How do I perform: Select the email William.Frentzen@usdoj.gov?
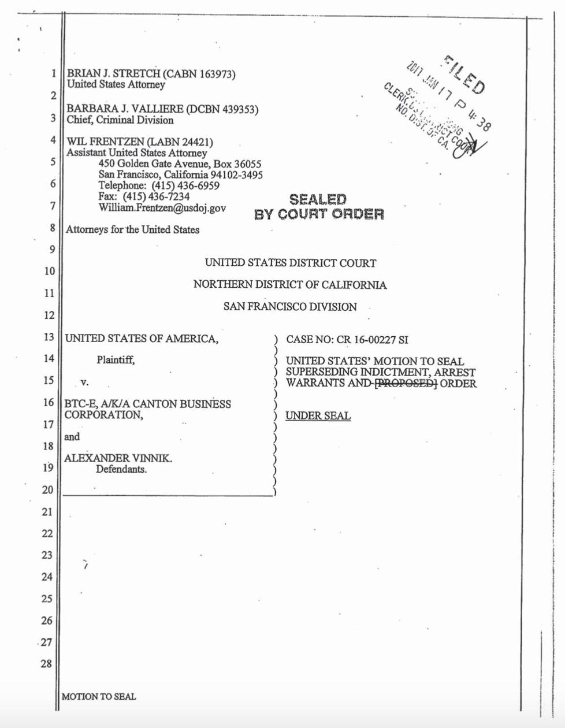[162, 207]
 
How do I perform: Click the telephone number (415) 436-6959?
[185, 185]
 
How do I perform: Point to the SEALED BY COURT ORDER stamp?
[318, 207]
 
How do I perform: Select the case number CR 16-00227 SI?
[371, 340]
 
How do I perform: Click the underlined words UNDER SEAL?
[318, 416]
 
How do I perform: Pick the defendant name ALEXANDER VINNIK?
[118, 458]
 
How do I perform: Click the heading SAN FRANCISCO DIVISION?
[290, 307]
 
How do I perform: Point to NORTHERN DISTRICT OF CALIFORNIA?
[290, 285]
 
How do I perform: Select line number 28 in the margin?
[46, 664]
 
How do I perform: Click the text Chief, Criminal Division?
[120, 120]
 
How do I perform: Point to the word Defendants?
[121, 469]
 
